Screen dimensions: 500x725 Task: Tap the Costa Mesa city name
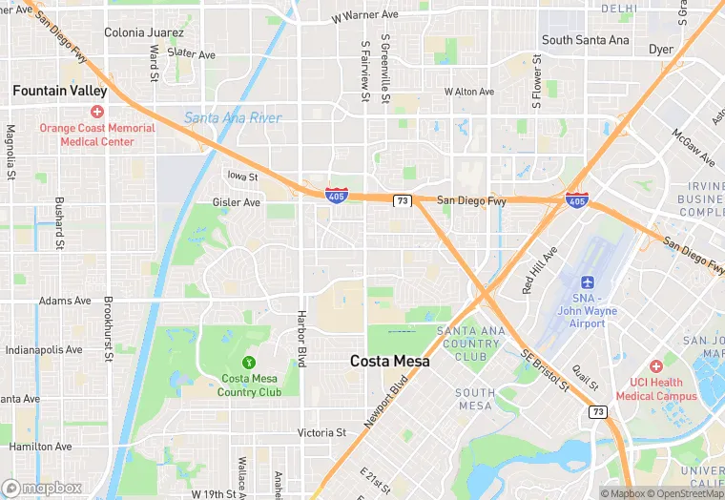coord(389,361)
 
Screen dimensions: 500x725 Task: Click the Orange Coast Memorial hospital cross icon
coord(97,113)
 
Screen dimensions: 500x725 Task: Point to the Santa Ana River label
coord(232,118)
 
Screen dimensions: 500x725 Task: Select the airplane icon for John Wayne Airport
coord(588,283)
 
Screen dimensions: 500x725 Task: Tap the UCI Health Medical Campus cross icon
coord(655,366)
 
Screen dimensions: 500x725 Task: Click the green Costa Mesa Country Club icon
coord(249,362)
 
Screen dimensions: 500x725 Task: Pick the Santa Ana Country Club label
coord(468,344)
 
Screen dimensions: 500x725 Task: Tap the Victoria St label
coord(321,432)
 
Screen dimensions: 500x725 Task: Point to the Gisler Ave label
coord(236,202)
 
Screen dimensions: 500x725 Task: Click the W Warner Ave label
coord(364,16)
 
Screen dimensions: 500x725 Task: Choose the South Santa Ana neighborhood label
coord(585,40)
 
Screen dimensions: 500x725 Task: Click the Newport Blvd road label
coord(385,401)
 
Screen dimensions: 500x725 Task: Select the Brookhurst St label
coord(108,325)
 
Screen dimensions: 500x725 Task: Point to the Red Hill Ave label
coord(538,270)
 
